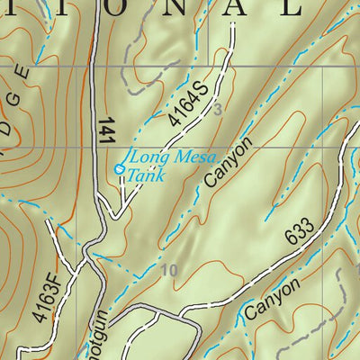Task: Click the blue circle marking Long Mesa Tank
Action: click(120, 168)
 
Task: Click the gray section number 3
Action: click(217, 110)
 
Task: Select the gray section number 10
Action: click(168, 269)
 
